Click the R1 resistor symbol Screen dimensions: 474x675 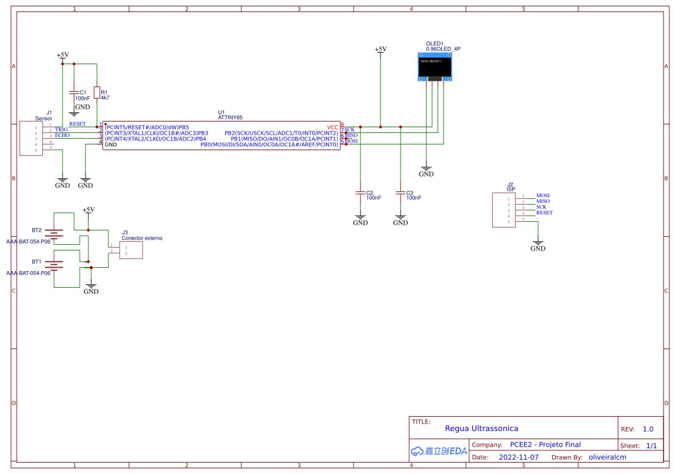pyautogui.click(x=97, y=92)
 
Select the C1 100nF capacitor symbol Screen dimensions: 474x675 pyautogui.click(x=73, y=92)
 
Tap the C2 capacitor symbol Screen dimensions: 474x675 pyautogui.click(x=360, y=193)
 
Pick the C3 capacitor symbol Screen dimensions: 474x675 pyautogui.click(x=401, y=193)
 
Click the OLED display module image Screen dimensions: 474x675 pyautogui.click(x=435, y=66)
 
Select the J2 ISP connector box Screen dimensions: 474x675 pyautogui.click(x=504, y=210)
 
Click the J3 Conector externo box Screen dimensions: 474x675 pyautogui.click(x=131, y=250)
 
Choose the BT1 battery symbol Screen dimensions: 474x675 pyautogui.click(x=54, y=265)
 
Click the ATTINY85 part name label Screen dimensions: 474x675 pyautogui.click(x=230, y=117)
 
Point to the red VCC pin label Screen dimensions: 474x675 pyautogui.click(x=332, y=127)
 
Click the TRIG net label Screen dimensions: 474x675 pyautogui.click(x=61, y=130)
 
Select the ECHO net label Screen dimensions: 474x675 pyautogui.click(x=62, y=136)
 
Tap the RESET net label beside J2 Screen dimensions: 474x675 pyautogui.click(x=544, y=213)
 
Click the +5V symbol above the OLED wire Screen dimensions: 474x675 pyautogui.click(x=380, y=50)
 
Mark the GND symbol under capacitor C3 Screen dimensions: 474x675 pyautogui.click(x=401, y=220)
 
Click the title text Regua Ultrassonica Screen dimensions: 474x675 pyautogui.click(x=481, y=428)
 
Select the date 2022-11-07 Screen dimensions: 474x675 pyautogui.click(x=519, y=457)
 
